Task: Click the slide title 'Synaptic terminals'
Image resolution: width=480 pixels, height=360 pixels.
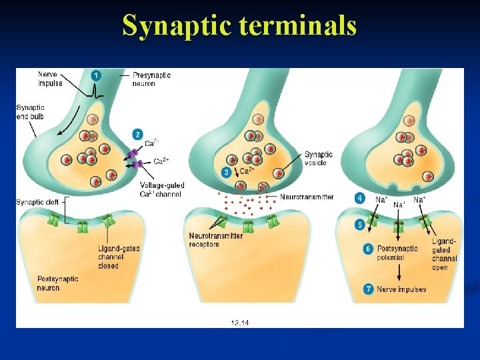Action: [239, 26]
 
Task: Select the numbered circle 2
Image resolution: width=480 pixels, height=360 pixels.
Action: [137, 134]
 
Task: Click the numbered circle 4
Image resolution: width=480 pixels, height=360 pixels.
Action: [360, 198]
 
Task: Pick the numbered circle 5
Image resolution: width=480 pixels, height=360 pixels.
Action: [360, 225]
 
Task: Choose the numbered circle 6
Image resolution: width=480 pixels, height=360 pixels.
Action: [368, 249]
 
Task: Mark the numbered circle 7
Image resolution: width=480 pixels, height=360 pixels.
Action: [368, 289]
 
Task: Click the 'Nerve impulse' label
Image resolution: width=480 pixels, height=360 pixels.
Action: [50, 79]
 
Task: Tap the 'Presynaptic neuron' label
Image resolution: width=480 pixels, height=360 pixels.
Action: [151, 79]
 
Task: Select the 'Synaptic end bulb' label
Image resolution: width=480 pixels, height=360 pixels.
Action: [30, 112]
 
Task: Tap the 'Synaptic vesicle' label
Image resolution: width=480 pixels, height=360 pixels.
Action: [319, 159]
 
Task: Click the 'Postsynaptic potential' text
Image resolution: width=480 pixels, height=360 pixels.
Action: [397, 253]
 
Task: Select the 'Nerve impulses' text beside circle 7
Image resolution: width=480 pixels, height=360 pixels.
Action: [401, 289]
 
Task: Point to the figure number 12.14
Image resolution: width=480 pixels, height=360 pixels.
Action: [240, 321]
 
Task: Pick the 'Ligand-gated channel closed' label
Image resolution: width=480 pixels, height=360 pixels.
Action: [119, 257]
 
